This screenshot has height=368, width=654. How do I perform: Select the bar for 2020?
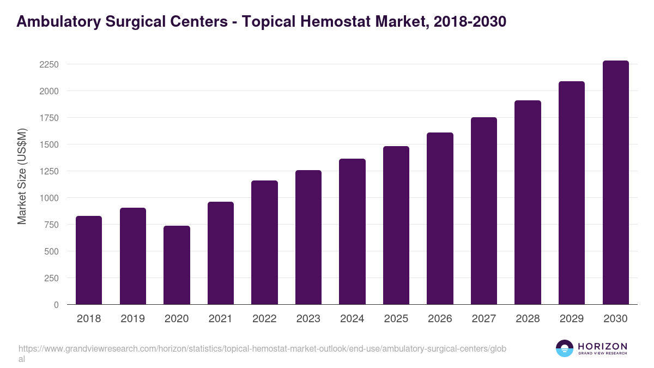tap(177, 265)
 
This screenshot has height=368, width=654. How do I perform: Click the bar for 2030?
tap(615, 183)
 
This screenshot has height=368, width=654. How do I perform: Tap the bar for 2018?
tap(89, 260)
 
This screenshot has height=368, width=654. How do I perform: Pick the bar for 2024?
tap(352, 232)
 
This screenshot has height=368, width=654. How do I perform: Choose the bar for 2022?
tap(264, 243)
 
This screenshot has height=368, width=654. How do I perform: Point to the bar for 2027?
tap(484, 211)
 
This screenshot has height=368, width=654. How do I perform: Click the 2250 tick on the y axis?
tap(49, 64)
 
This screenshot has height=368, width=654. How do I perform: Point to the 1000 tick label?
tap(49, 198)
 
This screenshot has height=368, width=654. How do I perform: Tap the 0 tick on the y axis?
tap(56, 305)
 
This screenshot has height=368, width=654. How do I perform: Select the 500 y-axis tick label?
tap(51, 251)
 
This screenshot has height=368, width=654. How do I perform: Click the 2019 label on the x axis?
tap(132, 319)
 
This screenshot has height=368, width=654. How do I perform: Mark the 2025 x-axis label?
tap(396, 319)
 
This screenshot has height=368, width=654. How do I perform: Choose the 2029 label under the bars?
tap(571, 319)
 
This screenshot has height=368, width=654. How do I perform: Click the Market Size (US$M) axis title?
tap(22, 176)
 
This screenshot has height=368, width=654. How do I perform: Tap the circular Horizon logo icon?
tap(565, 348)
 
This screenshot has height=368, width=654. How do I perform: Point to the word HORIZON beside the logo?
tap(602, 346)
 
